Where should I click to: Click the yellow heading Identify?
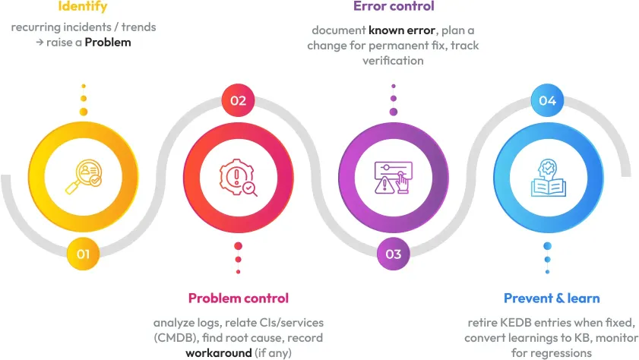[x=83, y=7]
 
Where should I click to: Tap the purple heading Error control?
[x=394, y=7]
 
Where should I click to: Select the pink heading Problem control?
[x=239, y=298]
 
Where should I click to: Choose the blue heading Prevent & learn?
[x=552, y=298]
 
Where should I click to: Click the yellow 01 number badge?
[x=83, y=254]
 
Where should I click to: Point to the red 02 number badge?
[x=238, y=100]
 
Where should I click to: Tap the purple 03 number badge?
[x=394, y=254]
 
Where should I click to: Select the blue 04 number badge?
[x=547, y=100]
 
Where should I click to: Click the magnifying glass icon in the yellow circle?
[x=84, y=176]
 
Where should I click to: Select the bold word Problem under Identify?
[x=108, y=43]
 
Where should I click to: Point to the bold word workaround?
[x=219, y=352]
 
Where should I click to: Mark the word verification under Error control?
[x=394, y=60]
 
